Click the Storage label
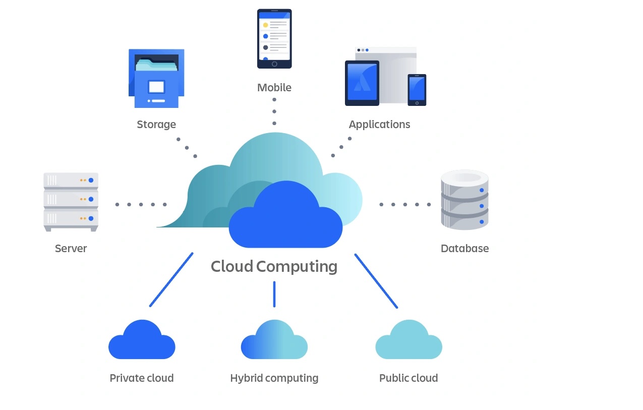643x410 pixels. [x=156, y=125]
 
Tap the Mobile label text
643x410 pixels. [x=274, y=88]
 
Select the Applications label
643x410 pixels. [x=379, y=125]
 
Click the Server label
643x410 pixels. [x=71, y=249]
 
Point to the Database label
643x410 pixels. [x=464, y=249]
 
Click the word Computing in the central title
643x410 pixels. [x=297, y=267]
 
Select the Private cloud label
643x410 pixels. [x=141, y=378]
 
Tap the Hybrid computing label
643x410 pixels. [x=274, y=378]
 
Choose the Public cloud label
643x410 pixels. [x=408, y=378]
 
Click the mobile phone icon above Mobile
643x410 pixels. [x=274, y=38]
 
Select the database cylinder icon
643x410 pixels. [x=464, y=200]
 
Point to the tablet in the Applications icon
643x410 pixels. [x=362, y=83]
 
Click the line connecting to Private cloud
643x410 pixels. [x=171, y=279]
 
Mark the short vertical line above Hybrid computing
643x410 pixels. [x=274, y=294]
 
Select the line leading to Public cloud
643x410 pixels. [x=376, y=280]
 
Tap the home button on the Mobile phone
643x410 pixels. [x=274, y=64]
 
